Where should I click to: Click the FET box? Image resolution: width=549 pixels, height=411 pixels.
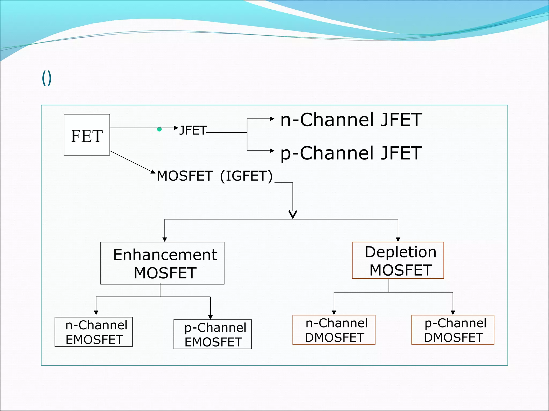pos(87,135)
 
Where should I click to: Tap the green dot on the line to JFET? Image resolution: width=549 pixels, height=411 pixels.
pos(159,130)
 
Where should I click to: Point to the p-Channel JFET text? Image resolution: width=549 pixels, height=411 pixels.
pos(351,153)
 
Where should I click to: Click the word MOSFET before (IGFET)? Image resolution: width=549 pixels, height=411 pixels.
pos(185,176)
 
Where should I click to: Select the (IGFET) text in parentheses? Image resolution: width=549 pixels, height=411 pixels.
pos(246,176)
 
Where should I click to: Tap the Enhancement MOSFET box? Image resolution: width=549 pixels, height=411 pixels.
pos(162,263)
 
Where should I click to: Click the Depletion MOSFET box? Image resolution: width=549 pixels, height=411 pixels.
pos(398,260)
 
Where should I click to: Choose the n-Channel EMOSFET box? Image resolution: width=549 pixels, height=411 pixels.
pos(94,332)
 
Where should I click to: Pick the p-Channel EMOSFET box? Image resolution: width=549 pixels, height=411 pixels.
pos(213,334)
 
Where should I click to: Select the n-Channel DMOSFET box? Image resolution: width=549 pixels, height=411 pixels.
pos(334,330)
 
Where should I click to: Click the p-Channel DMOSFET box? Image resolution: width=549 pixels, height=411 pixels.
pos(453,330)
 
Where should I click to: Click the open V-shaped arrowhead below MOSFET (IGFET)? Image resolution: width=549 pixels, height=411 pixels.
pos(293,214)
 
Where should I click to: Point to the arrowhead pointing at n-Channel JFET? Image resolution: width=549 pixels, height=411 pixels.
pos(272,119)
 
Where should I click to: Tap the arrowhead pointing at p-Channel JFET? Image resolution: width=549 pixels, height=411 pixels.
pos(272,151)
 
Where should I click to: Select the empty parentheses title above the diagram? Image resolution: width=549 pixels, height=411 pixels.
pos(47,78)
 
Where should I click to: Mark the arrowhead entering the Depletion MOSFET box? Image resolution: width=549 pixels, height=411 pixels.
pos(398,239)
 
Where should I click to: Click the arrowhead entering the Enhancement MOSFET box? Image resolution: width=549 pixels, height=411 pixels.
pos(165,239)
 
